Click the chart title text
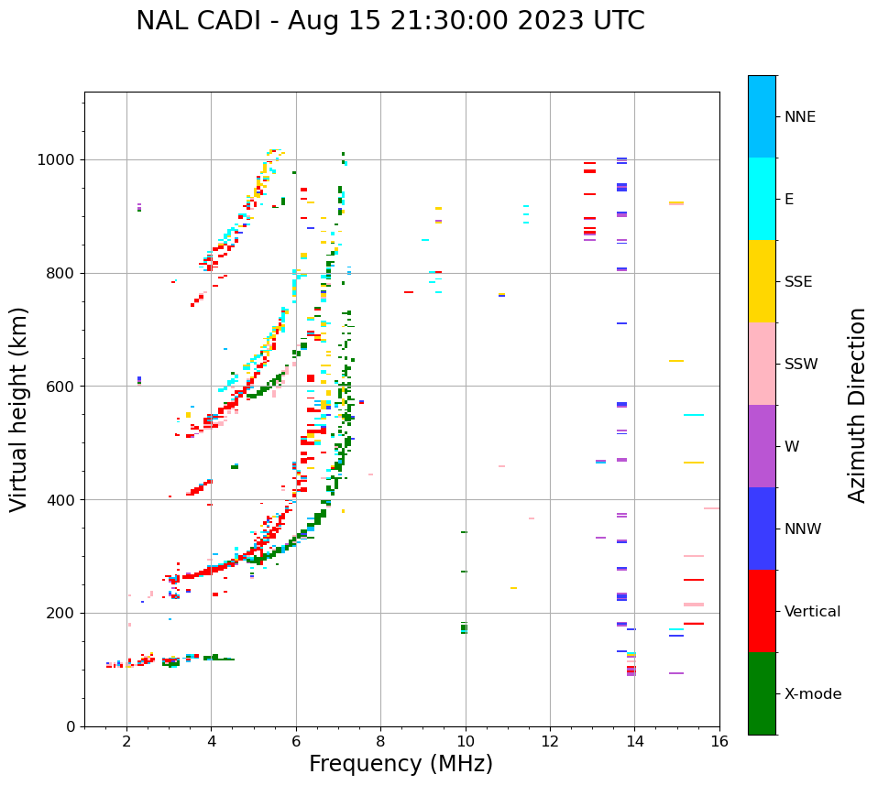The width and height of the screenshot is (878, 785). [390, 21]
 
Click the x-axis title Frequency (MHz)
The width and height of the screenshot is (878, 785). [401, 764]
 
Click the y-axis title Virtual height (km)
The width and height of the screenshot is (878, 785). [19, 409]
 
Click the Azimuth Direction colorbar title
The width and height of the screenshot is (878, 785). [857, 405]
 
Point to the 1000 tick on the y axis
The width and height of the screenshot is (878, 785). [61, 159]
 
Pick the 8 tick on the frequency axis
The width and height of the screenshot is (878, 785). [380, 740]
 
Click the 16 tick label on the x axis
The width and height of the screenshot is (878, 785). [719, 740]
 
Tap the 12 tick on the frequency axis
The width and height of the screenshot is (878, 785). [550, 740]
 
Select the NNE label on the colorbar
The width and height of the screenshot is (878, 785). [799, 117]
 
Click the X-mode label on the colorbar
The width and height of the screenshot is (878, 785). [812, 694]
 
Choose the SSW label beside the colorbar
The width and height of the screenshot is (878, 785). [801, 365]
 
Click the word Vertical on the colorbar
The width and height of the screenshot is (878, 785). [812, 612]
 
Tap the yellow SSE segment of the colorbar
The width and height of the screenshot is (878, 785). [762, 281]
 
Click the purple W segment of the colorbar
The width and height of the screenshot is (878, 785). [762, 446]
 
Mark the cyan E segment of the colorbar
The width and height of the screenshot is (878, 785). [762, 199]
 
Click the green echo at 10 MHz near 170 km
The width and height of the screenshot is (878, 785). [464, 628]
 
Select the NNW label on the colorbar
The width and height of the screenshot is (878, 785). [803, 529]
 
